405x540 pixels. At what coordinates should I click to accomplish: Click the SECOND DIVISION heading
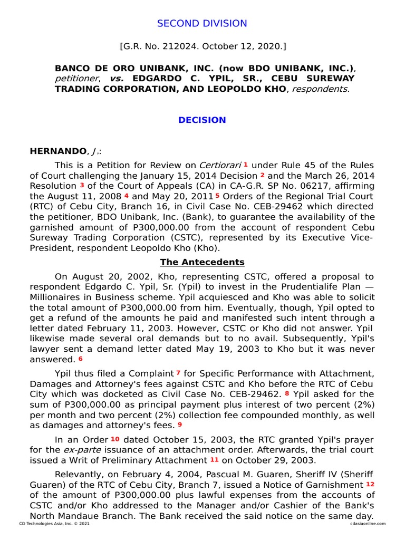pyautogui.click(x=202, y=23)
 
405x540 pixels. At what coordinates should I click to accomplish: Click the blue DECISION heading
pyautogui.click(x=202, y=120)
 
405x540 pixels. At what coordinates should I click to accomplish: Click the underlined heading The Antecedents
pyautogui.click(x=202, y=262)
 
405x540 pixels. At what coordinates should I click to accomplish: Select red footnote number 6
pyautogui.click(x=81, y=359)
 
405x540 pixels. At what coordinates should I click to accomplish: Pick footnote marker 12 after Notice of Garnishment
pyautogui.click(x=370, y=484)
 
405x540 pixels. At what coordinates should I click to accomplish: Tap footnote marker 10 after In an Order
pyautogui.click(x=115, y=439)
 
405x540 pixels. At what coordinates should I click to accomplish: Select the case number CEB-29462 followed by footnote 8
pyautogui.click(x=260, y=394)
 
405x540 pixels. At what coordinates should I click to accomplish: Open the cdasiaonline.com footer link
pyautogui.click(x=367, y=524)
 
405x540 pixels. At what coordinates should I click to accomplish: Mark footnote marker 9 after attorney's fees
pyautogui.click(x=179, y=425)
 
